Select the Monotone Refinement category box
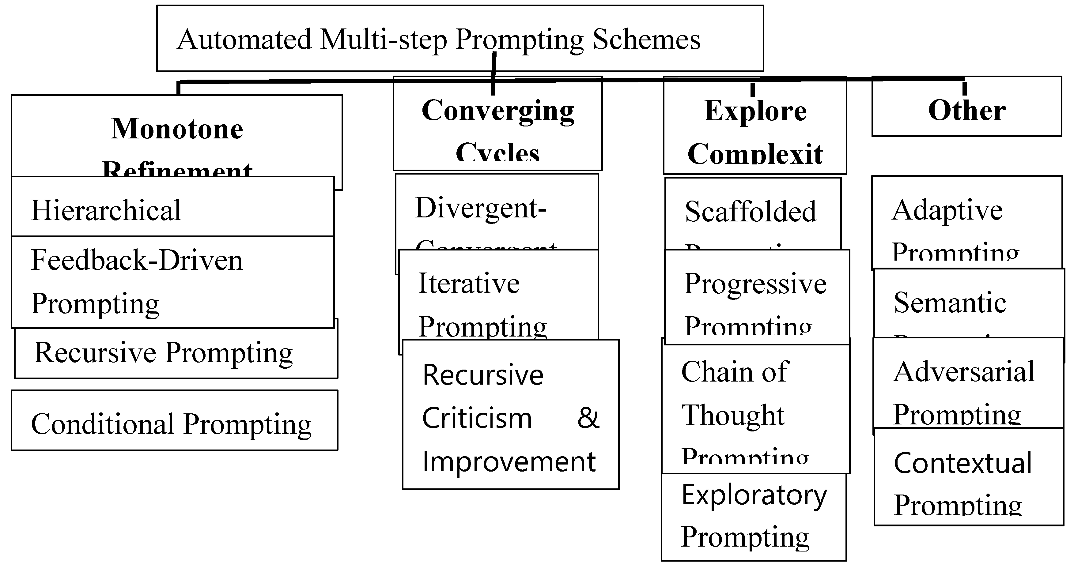coord(177,134)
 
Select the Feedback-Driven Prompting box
coord(172,282)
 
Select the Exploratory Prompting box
coord(754,517)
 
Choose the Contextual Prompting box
coord(969,477)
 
